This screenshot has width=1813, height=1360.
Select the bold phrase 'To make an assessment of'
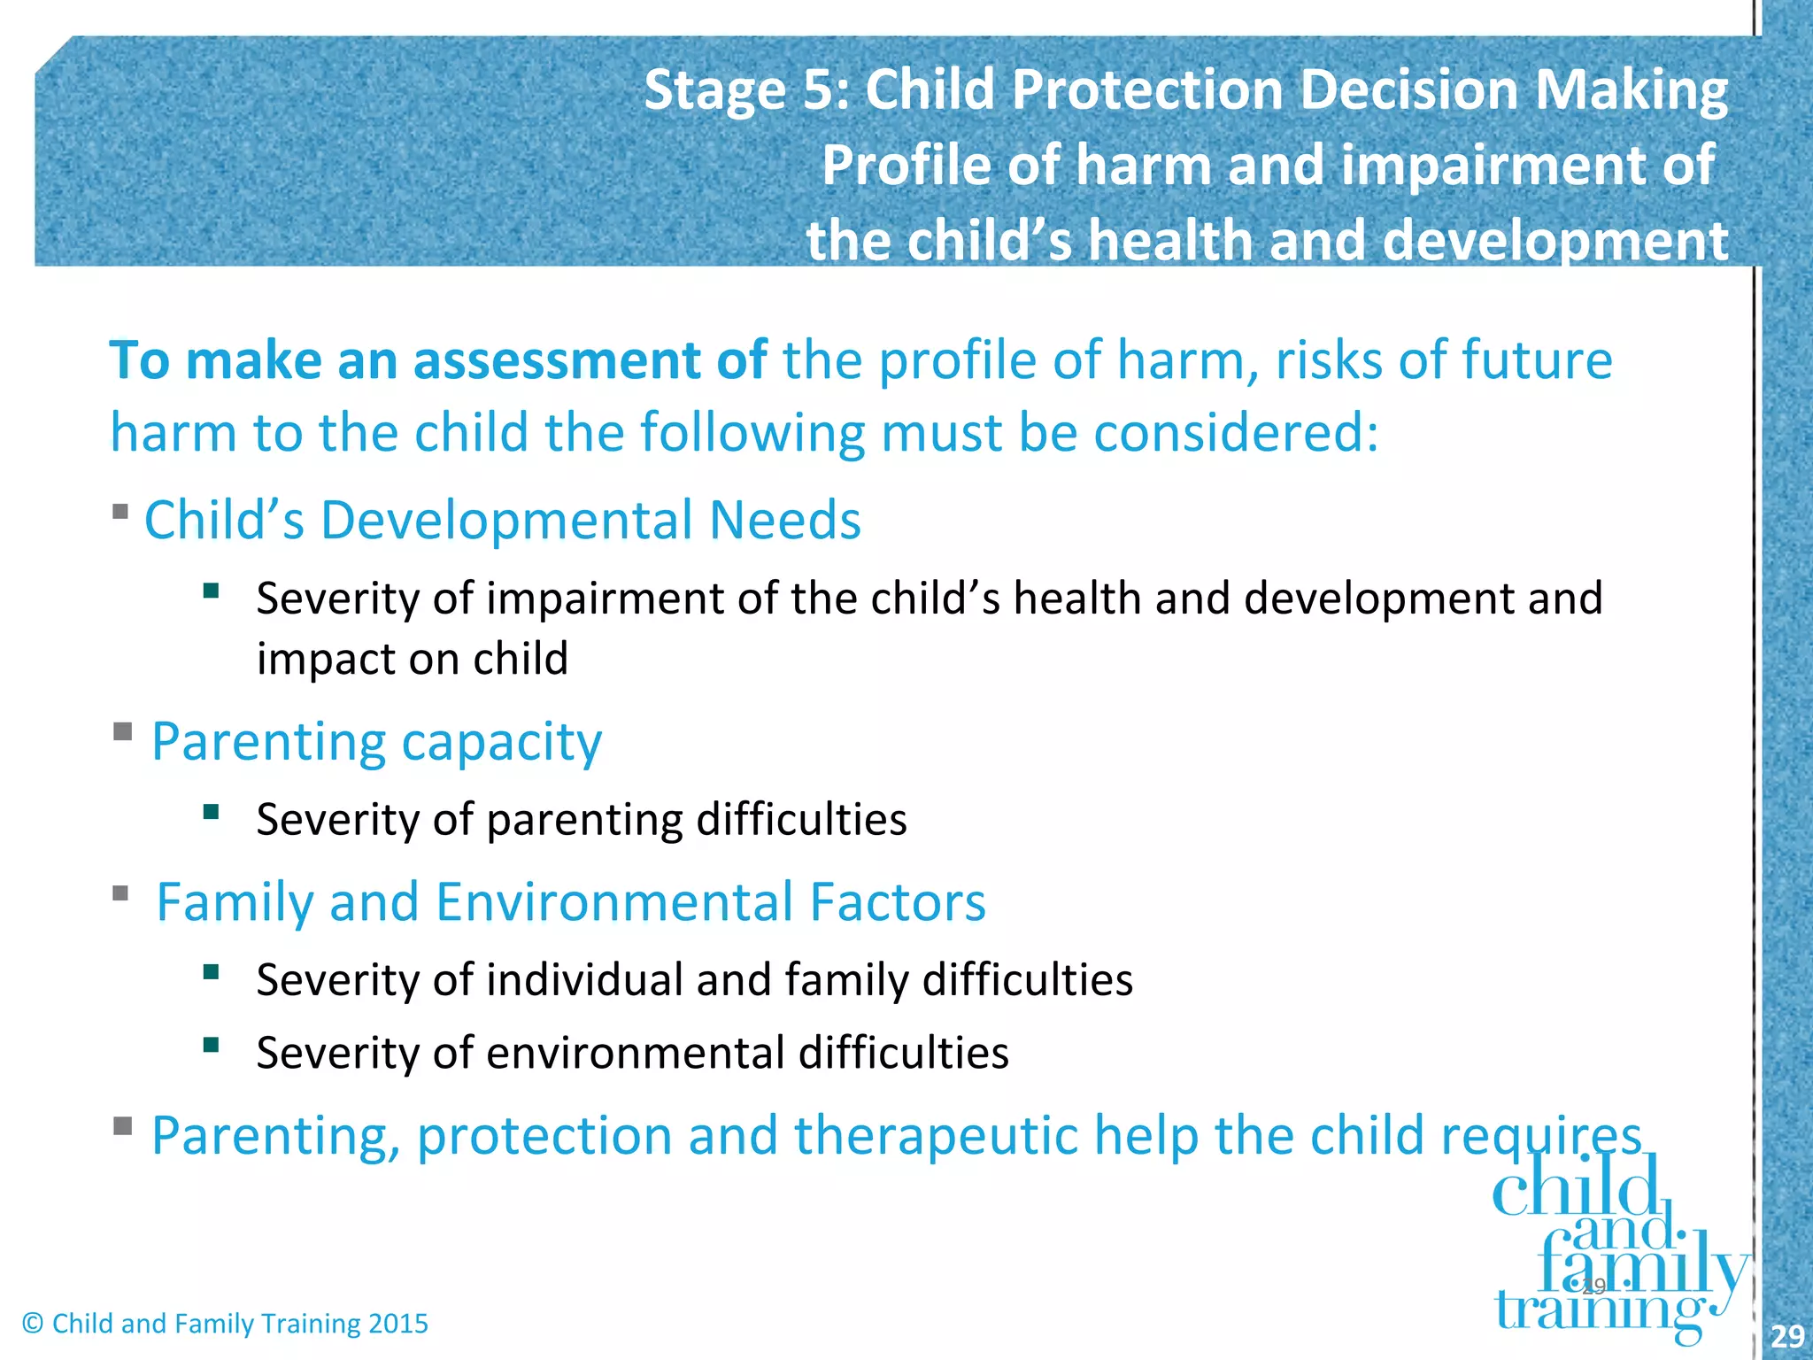click(437, 360)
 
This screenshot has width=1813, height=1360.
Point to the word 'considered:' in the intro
click(1236, 433)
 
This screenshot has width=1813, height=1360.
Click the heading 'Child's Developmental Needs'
click(502, 520)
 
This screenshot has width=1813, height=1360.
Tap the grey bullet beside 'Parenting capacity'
click(122, 731)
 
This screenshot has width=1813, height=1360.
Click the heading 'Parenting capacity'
click(376, 741)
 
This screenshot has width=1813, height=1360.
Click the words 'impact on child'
click(412, 659)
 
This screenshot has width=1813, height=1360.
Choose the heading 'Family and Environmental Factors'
click(571, 902)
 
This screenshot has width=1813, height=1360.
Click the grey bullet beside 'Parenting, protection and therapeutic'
click(122, 1126)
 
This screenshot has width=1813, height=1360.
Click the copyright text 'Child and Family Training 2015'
click(240, 1324)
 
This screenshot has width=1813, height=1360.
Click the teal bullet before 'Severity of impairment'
click(211, 591)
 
